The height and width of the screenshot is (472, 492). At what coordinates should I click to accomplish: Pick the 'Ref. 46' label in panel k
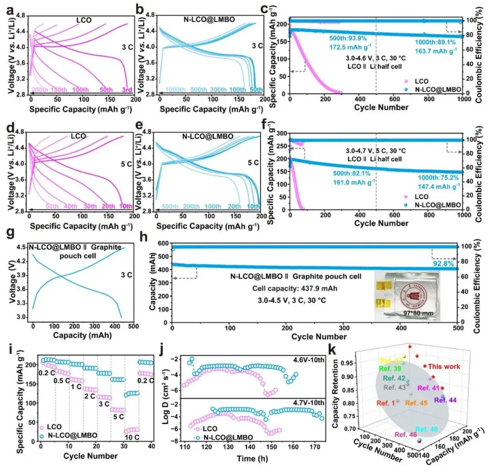tap(406, 435)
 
